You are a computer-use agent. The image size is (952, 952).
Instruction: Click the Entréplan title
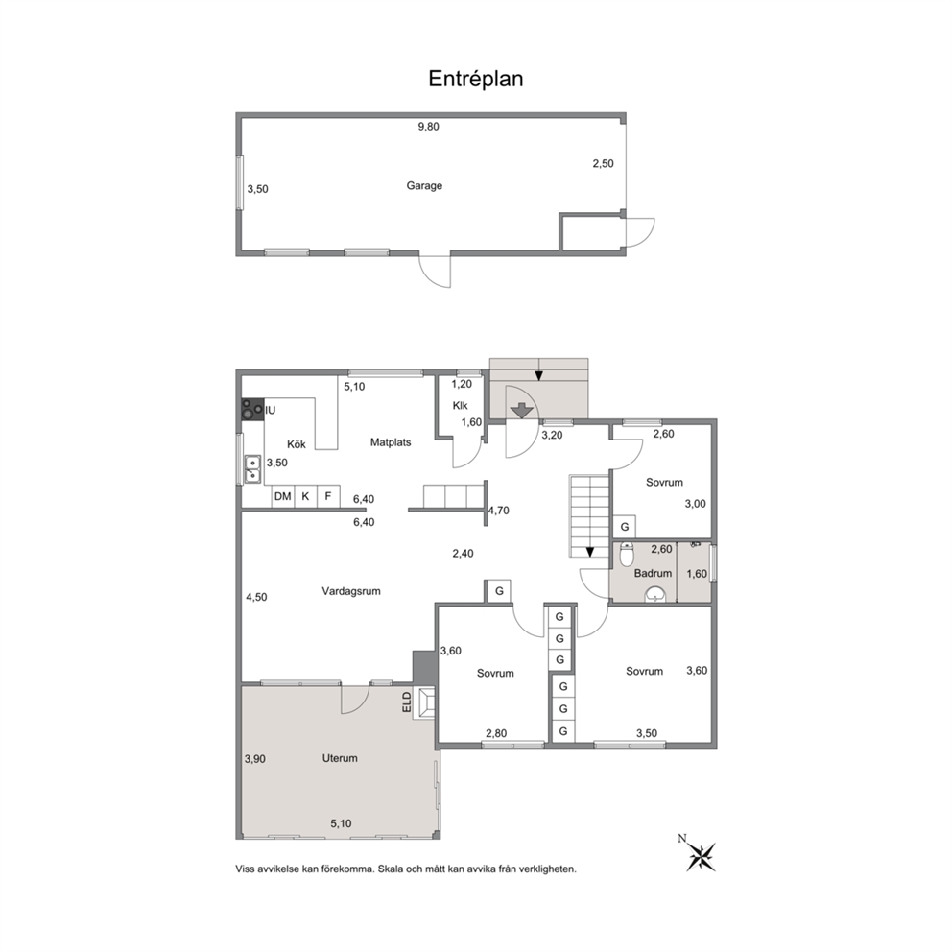475,79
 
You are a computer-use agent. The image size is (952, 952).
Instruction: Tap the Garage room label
424,186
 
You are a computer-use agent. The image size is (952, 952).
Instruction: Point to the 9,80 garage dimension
429,127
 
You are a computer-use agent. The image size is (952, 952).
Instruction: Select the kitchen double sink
252,469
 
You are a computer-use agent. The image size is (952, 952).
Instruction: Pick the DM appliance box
283,496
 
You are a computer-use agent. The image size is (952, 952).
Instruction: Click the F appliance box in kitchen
328,496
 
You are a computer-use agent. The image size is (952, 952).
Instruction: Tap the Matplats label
391,442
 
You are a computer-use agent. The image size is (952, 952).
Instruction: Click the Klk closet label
461,406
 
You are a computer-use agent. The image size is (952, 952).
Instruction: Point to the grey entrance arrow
521,411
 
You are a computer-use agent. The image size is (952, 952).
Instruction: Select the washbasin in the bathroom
654,593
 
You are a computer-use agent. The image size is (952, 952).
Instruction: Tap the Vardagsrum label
351,591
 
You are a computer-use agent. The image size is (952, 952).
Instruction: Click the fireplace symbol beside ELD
424,703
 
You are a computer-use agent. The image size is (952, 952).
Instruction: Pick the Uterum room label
340,758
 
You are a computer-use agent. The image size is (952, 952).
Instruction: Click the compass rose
701,856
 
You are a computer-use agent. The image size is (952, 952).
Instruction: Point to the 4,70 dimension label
498,511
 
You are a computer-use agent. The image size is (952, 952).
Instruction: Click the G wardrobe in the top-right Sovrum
624,527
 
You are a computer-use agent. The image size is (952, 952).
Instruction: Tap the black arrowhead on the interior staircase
589,552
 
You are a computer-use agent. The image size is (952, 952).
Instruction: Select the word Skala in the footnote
390,869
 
